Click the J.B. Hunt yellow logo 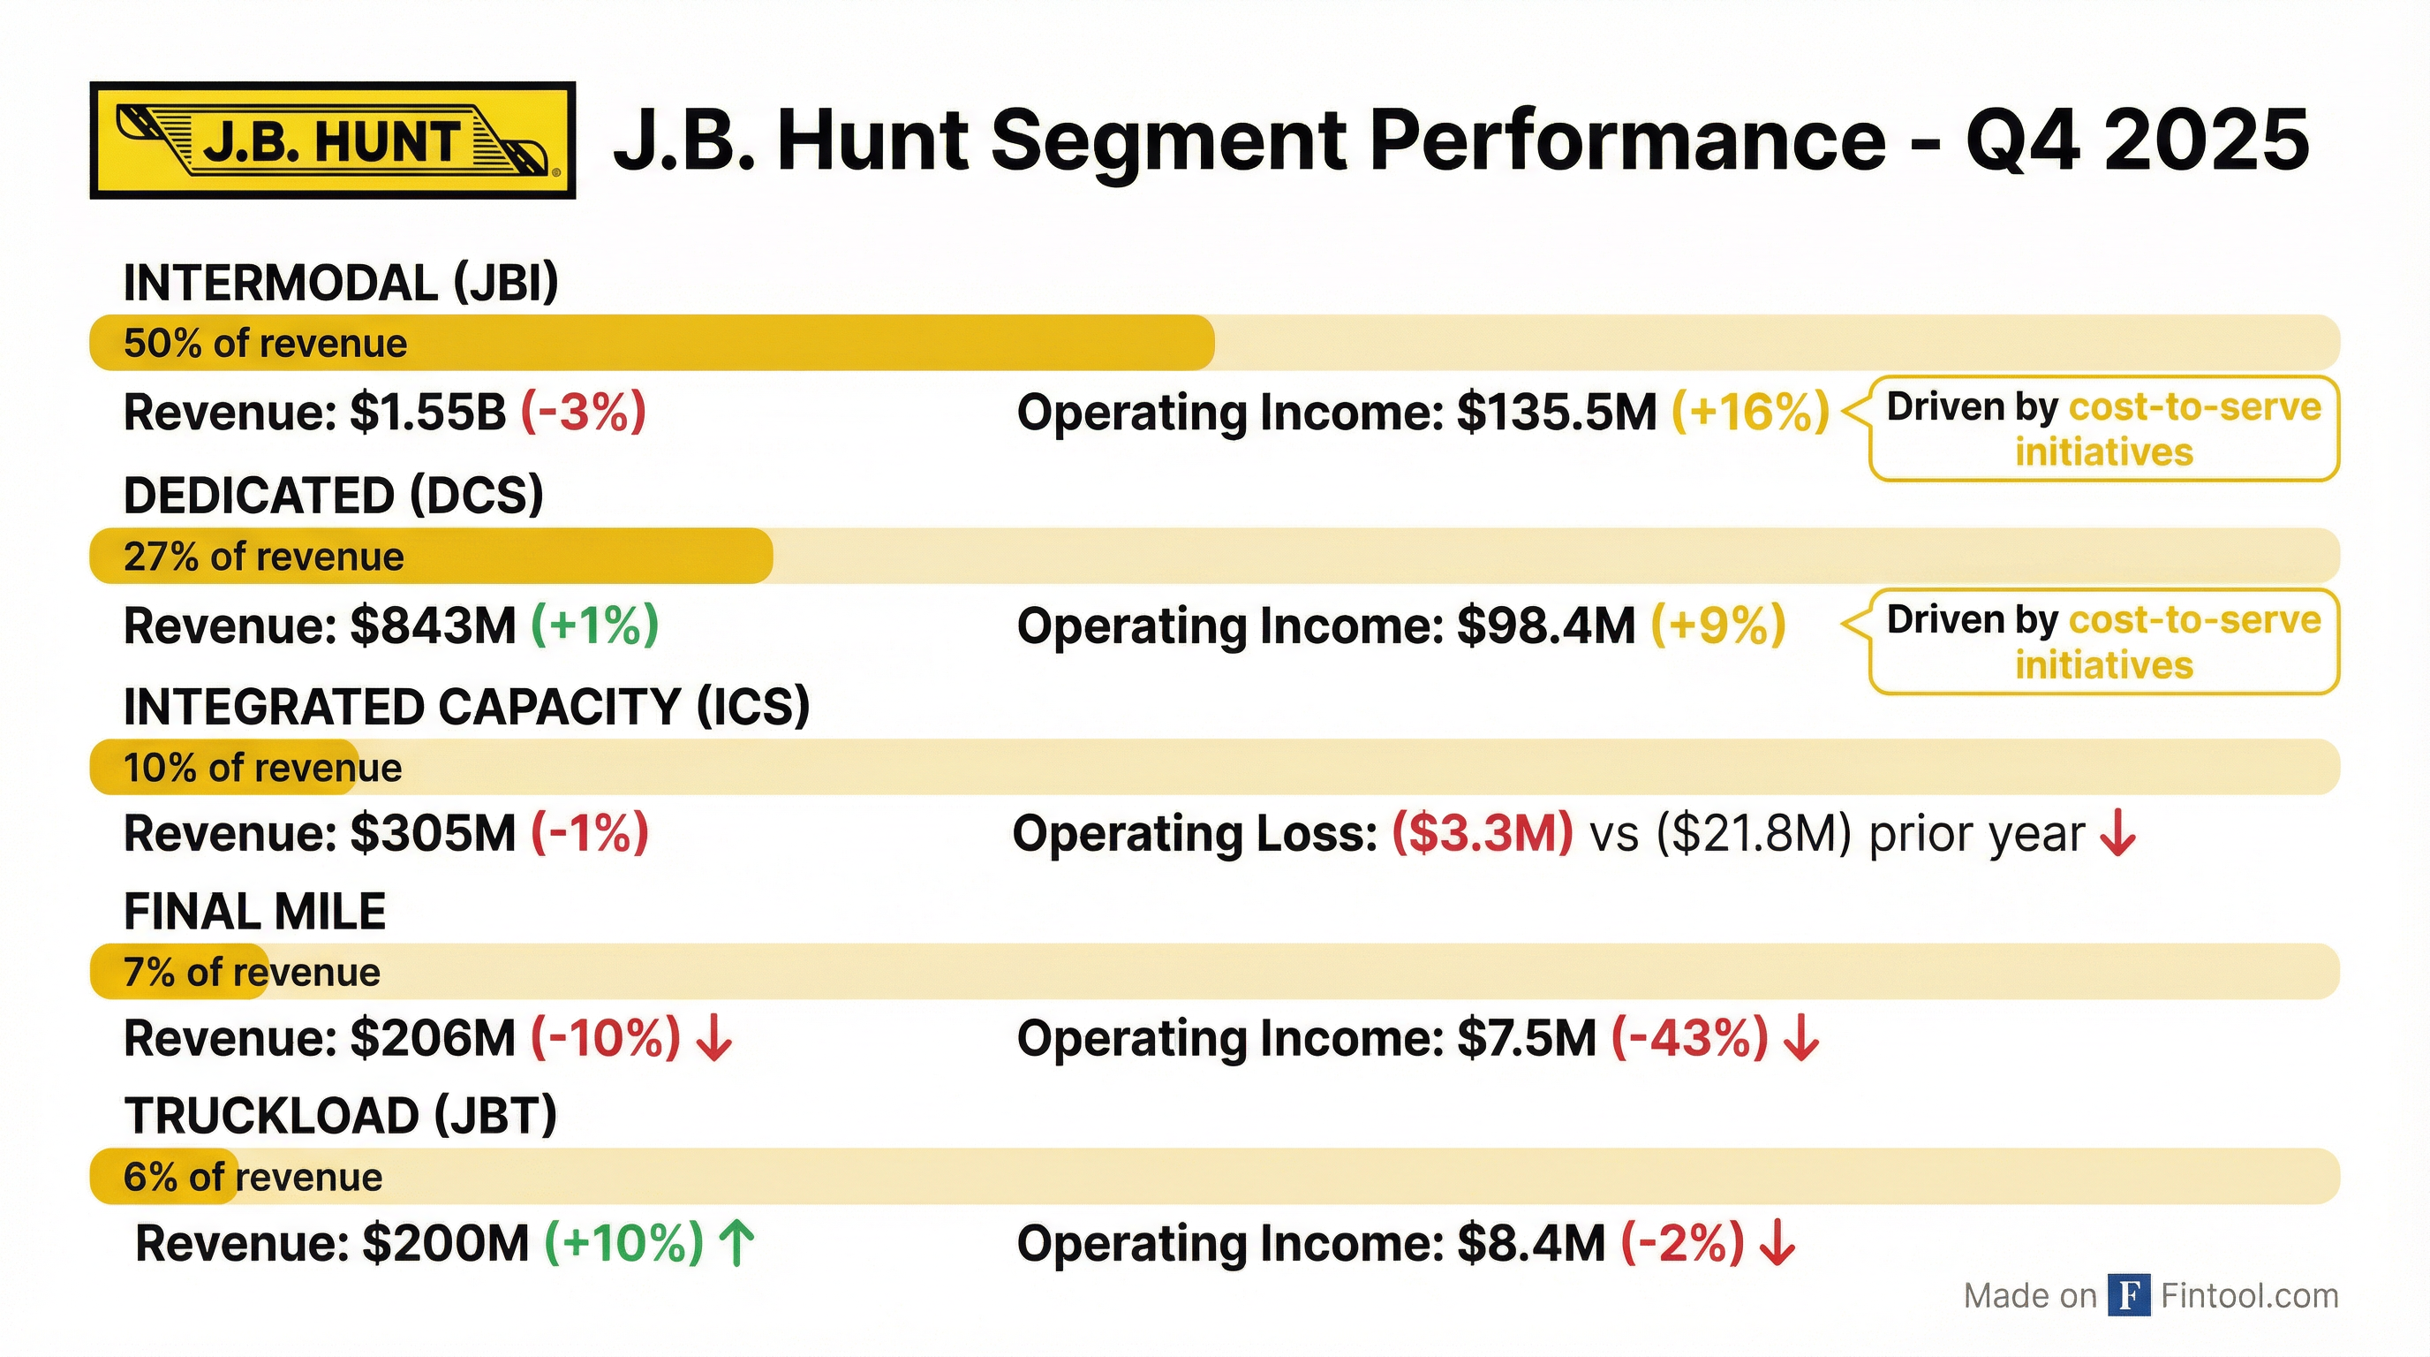click(332, 140)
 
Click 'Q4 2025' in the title click(2136, 140)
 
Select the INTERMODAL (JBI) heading click(341, 283)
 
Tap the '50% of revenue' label click(265, 344)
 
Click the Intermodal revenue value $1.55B click(427, 413)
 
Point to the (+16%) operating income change click(1750, 413)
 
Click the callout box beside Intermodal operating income click(2102, 429)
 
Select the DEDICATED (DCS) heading click(333, 496)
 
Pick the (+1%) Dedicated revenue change click(594, 625)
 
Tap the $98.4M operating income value click(1545, 625)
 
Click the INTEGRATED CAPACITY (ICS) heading click(466, 707)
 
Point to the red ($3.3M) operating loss click(1482, 834)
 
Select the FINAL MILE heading click(254, 912)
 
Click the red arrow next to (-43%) click(1800, 1039)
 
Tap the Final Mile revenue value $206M click(432, 1039)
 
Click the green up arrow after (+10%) click(736, 1243)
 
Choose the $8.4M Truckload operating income click(1530, 1244)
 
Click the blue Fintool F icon click(2128, 1296)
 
